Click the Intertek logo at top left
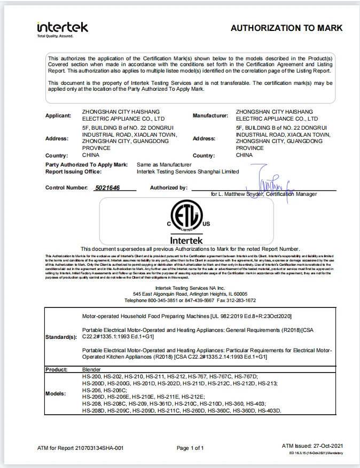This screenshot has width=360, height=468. (62, 28)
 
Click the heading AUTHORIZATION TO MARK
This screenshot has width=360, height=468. (286, 28)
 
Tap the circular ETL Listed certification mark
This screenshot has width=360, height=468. (187, 216)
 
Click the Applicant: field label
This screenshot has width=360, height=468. (58, 115)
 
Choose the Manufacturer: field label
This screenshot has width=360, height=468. (210, 115)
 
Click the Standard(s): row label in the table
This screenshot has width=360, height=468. (61, 337)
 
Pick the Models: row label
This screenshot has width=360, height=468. (56, 393)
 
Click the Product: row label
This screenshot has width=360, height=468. (56, 369)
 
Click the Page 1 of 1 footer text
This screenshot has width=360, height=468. (190, 448)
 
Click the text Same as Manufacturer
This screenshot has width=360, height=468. (164, 165)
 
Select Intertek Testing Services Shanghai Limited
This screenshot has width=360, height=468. (188, 172)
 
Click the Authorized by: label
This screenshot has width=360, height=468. (169, 188)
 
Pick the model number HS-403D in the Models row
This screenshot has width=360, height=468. (269, 410)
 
